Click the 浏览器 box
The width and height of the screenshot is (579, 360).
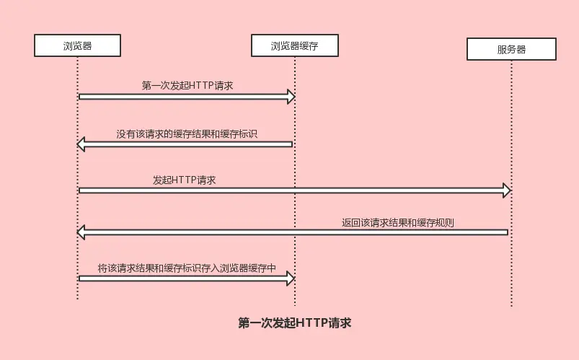(77, 46)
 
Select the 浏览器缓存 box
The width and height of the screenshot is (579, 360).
(294, 46)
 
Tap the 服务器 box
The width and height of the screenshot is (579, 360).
(511, 49)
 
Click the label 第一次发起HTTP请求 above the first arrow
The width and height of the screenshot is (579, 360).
(187, 85)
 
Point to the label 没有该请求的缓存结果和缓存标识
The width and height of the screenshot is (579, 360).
(187, 133)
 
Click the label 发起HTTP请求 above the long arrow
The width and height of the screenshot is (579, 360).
(184, 180)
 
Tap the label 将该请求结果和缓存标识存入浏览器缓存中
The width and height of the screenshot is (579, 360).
(187, 268)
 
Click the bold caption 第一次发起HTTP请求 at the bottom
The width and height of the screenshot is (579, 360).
(294, 323)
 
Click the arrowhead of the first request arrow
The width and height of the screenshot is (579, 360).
(291, 97)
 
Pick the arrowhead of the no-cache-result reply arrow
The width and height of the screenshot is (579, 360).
(81, 144)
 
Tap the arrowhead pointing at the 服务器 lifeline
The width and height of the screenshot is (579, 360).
(506, 190)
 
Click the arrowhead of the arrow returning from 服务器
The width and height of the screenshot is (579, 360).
(81, 232)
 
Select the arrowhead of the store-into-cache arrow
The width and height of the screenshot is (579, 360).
(291, 278)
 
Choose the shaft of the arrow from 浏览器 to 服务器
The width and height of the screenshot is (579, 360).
(288, 190)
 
